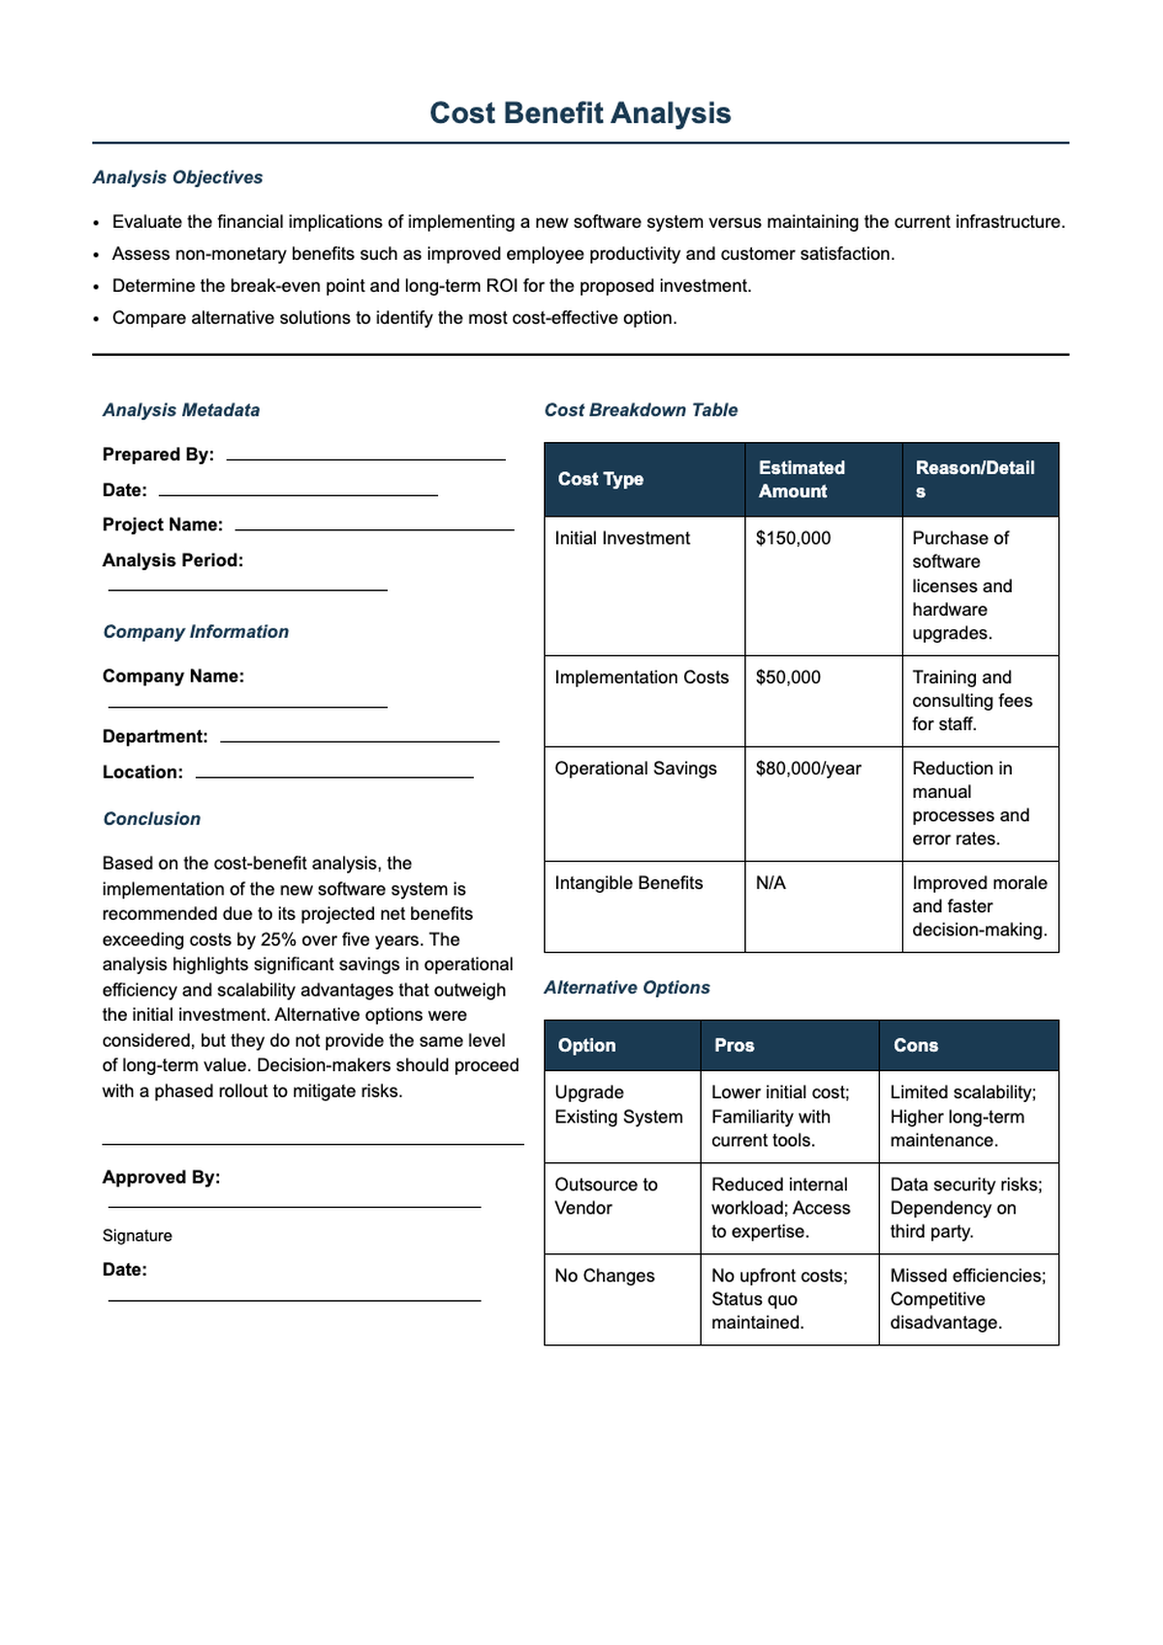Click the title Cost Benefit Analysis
tap(580, 113)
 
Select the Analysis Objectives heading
tap(177, 177)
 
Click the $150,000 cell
tap(793, 538)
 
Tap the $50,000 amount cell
tap(788, 678)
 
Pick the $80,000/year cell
tap(808, 769)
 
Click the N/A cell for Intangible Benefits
tap(770, 883)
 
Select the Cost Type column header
tap(600, 479)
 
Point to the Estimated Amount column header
tap(802, 479)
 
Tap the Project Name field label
tap(163, 524)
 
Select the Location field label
tap(142, 773)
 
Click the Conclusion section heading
tap(151, 819)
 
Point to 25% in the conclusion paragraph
tap(278, 939)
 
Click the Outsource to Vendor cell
tap(606, 1196)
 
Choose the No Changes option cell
tap(604, 1276)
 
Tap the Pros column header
tap(734, 1045)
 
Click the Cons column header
tap(915, 1045)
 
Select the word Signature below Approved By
tap(137, 1236)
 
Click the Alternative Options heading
tap(626, 988)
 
